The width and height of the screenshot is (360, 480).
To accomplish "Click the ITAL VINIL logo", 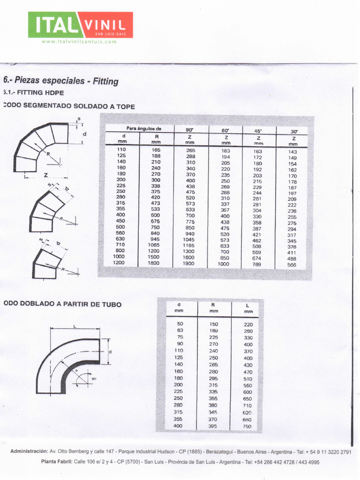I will click(80, 25).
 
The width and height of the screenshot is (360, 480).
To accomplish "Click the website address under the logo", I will click(79, 42).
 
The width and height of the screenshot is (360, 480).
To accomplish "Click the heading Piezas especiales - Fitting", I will click(61, 81).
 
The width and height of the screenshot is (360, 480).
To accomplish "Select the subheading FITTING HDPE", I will click(35, 93).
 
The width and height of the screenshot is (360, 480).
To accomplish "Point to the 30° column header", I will click(294, 132).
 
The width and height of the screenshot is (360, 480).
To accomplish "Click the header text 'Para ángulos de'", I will click(143, 128).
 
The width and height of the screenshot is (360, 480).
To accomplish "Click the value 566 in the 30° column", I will click(292, 265).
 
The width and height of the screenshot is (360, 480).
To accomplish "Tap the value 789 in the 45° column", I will click(257, 264).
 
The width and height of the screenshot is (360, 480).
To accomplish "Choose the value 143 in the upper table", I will click(292, 152).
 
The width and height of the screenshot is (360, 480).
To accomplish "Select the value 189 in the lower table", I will click(214, 330).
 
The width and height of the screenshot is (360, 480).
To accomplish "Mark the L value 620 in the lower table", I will click(247, 412).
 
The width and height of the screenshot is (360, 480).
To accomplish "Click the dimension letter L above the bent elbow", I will click(75, 326).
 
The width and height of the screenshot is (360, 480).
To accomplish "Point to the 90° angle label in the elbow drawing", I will click(94, 378).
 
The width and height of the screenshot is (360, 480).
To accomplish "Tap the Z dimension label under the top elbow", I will click(46, 175).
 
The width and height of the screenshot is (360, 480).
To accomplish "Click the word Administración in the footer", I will click(29, 451).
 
